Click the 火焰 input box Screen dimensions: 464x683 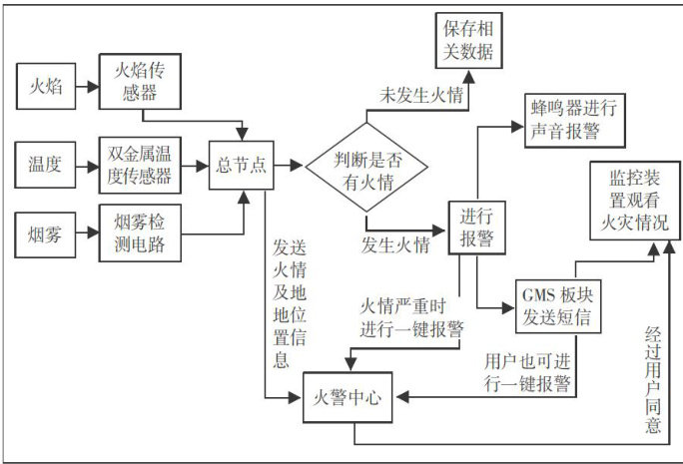pyautogui.click(x=46, y=87)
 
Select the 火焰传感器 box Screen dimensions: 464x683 pyautogui.click(x=140, y=82)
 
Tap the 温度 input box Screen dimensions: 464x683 pyautogui.click(x=46, y=164)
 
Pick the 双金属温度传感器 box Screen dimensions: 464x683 pyautogui.click(x=140, y=164)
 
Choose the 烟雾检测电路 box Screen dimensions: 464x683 pyautogui.click(x=140, y=232)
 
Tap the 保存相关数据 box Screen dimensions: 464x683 pyautogui.click(x=462, y=39)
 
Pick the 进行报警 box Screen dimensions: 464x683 pyautogui.click(x=475, y=227)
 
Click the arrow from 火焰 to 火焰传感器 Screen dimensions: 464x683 pyautogui.click(x=86, y=87)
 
